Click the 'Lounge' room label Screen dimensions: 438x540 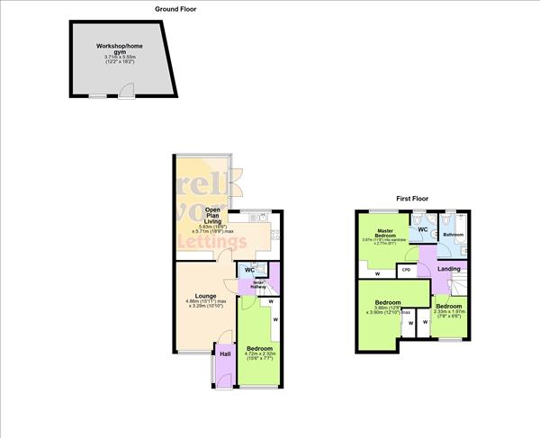(x=202, y=293)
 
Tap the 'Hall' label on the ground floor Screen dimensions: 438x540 (x=225, y=353)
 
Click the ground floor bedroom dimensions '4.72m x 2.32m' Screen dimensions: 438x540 (x=259, y=354)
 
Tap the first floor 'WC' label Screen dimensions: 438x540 (x=422, y=229)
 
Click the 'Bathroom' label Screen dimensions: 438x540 (x=452, y=235)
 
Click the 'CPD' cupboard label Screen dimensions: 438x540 (x=406, y=269)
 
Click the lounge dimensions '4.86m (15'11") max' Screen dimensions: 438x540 (x=203, y=300)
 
